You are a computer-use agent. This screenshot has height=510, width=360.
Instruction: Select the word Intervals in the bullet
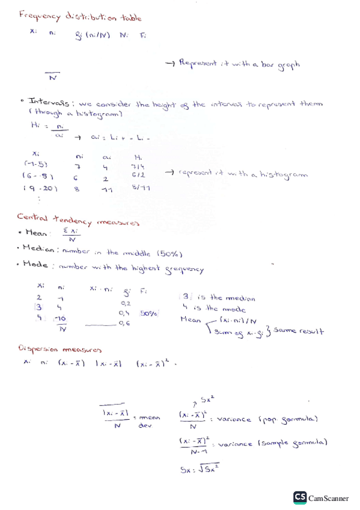pos(51,103)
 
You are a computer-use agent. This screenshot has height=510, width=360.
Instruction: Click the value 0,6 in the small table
pos(125,324)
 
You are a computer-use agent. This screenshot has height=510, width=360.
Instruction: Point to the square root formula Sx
pos(200,471)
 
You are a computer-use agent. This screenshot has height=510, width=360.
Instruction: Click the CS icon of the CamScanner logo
pos(300,497)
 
